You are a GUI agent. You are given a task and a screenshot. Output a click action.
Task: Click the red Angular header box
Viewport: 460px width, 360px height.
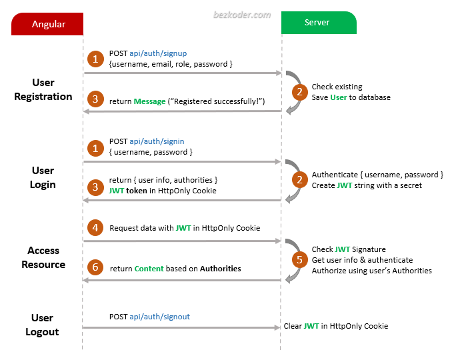(x=49, y=24)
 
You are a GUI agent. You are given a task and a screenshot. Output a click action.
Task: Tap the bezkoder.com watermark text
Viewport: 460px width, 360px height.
(x=241, y=14)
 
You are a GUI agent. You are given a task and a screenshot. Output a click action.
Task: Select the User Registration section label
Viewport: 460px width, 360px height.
(x=43, y=89)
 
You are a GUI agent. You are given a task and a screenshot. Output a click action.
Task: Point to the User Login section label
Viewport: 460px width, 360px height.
(x=43, y=177)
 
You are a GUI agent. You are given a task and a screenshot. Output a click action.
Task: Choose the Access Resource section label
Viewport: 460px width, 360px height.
(x=43, y=257)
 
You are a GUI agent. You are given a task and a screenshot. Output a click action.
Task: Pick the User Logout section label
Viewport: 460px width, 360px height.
(x=43, y=325)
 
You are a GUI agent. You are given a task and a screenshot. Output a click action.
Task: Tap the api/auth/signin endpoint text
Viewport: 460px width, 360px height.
(x=157, y=141)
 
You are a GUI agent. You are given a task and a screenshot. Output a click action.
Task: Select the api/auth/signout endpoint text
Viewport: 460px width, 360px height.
(x=159, y=317)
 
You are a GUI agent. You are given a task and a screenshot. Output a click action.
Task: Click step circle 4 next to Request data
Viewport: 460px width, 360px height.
(x=96, y=228)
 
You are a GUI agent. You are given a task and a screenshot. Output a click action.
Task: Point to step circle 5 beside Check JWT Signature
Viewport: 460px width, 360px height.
(x=300, y=260)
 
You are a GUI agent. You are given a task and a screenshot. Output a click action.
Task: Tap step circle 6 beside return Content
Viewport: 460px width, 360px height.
(x=96, y=268)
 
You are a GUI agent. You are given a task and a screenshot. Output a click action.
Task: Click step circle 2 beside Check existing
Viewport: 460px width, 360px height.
(x=300, y=92)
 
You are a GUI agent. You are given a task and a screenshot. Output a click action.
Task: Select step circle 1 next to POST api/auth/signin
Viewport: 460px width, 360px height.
(x=96, y=147)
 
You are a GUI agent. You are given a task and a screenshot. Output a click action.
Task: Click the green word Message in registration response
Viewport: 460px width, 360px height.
(x=149, y=101)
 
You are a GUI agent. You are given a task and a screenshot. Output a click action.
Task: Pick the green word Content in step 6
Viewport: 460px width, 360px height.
(x=149, y=269)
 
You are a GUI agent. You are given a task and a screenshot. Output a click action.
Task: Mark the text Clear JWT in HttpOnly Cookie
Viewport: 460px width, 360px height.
(x=335, y=326)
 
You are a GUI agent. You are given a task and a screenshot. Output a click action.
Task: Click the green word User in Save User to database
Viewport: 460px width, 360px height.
(x=338, y=97)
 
